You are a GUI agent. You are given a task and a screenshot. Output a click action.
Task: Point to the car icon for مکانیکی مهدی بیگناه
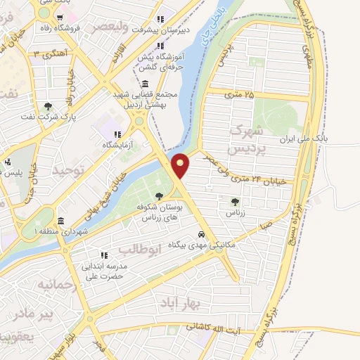pyautogui.click(x=202, y=233)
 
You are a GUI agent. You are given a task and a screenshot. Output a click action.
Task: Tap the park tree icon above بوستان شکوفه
pyautogui.click(x=160, y=196)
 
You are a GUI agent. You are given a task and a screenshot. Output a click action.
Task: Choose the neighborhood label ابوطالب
pyautogui.click(x=141, y=249)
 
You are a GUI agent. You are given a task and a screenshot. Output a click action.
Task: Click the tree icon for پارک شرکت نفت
pyautogui.click(x=48, y=107)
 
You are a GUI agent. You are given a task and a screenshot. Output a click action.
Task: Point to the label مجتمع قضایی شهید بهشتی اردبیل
pyautogui.click(x=146, y=99)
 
